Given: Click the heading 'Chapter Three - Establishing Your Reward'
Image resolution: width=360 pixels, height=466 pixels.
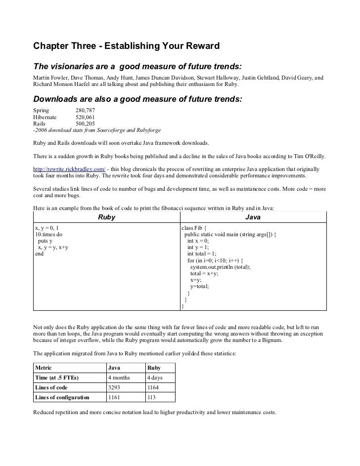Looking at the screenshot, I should click(x=126, y=47).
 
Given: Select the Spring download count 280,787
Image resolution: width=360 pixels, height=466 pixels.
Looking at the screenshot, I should click(x=85, y=110).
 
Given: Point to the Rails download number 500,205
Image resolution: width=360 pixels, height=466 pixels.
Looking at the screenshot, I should click(x=85, y=124).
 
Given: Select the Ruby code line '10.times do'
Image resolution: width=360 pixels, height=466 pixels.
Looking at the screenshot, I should click(x=48, y=234).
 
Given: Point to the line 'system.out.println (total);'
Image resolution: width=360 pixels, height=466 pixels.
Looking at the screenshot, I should click(x=220, y=267).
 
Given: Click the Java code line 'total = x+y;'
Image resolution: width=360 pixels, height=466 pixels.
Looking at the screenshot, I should click(x=204, y=273).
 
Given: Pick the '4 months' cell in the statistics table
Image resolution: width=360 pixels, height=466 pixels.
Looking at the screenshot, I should click(x=119, y=378).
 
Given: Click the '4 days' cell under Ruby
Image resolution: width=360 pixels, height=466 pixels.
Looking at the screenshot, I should click(x=155, y=378).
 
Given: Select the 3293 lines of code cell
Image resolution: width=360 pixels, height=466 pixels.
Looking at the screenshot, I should click(x=114, y=387).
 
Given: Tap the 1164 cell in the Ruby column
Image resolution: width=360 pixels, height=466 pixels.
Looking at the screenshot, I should click(x=153, y=387).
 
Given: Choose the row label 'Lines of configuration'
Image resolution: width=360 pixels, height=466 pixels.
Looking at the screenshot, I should click(x=62, y=397).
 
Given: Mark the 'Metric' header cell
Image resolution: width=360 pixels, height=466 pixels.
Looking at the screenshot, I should click(x=44, y=368).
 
